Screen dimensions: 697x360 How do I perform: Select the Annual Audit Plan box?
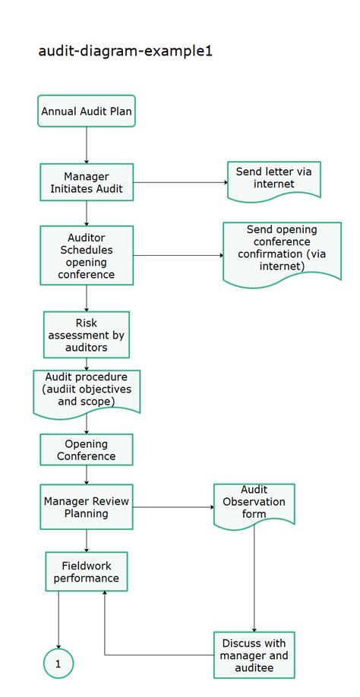tap(87, 112)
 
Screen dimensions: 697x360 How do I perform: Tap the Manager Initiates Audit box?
tap(87, 182)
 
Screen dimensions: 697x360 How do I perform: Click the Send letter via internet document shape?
tap(273, 178)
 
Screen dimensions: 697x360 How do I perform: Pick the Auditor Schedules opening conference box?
tap(87, 256)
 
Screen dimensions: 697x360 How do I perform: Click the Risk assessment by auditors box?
tap(87, 335)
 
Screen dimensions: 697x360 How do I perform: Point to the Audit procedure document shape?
tap(87, 390)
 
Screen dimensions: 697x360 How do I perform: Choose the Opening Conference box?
tap(87, 449)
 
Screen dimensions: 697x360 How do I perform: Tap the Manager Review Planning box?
tap(87, 506)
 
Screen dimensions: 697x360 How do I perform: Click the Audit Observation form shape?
tap(254, 503)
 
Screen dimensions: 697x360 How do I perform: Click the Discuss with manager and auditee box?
tap(254, 654)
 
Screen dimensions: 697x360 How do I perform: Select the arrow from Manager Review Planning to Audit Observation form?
tap(173, 506)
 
